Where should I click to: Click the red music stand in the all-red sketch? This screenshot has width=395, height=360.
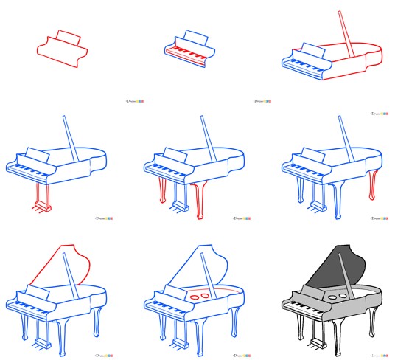pos(66,37)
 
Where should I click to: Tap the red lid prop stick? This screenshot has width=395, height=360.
pos(345,33)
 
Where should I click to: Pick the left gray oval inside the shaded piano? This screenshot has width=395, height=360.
pos(332,296)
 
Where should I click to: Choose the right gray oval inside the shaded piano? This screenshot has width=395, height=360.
pos(343,294)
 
